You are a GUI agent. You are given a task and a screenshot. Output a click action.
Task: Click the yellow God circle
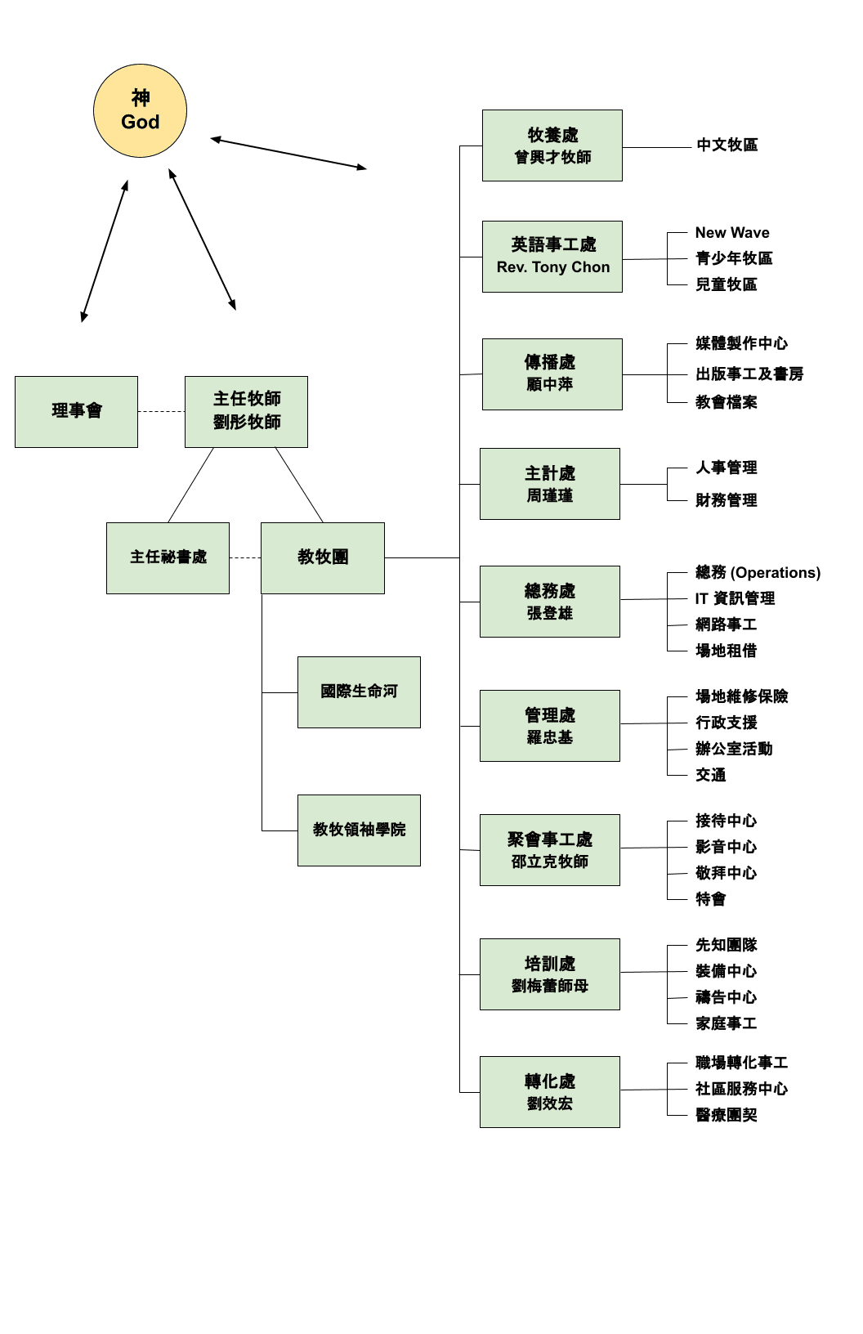pos(140,110)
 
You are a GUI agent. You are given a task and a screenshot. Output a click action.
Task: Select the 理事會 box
pos(76,411)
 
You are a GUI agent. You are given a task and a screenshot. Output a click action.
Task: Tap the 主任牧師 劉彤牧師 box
pos(246,411)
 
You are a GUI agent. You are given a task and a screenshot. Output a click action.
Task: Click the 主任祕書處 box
pos(168,557)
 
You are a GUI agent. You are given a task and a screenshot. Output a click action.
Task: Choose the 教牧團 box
pos(322,557)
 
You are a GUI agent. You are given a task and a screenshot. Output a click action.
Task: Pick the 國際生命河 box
pos(359,692)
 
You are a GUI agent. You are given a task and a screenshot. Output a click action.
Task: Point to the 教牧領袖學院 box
pos(359,830)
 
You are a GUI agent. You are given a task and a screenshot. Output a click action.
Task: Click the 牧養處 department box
pos(552,145)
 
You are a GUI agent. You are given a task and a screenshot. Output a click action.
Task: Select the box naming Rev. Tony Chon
pos(552,256)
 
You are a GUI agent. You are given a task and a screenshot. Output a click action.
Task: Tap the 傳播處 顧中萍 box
pos(552,374)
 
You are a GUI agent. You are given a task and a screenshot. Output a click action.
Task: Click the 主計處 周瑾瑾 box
pos(549,483)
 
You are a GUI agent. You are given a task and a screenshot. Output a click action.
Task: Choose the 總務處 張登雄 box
pos(549,601)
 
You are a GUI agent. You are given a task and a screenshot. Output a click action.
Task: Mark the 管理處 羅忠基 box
pos(549,725)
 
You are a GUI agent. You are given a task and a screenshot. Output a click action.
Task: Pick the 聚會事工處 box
pos(549,849)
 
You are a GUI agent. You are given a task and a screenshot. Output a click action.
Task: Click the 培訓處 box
pos(549,974)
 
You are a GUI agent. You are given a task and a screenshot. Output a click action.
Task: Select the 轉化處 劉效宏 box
pos(549,1091)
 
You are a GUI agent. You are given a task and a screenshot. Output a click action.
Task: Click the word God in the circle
pos(140,123)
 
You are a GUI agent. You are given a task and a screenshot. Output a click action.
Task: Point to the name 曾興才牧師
pos(552,157)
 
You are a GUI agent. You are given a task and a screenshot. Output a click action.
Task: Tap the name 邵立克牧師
pos(549,862)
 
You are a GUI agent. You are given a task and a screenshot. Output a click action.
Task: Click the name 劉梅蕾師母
pos(549,986)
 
